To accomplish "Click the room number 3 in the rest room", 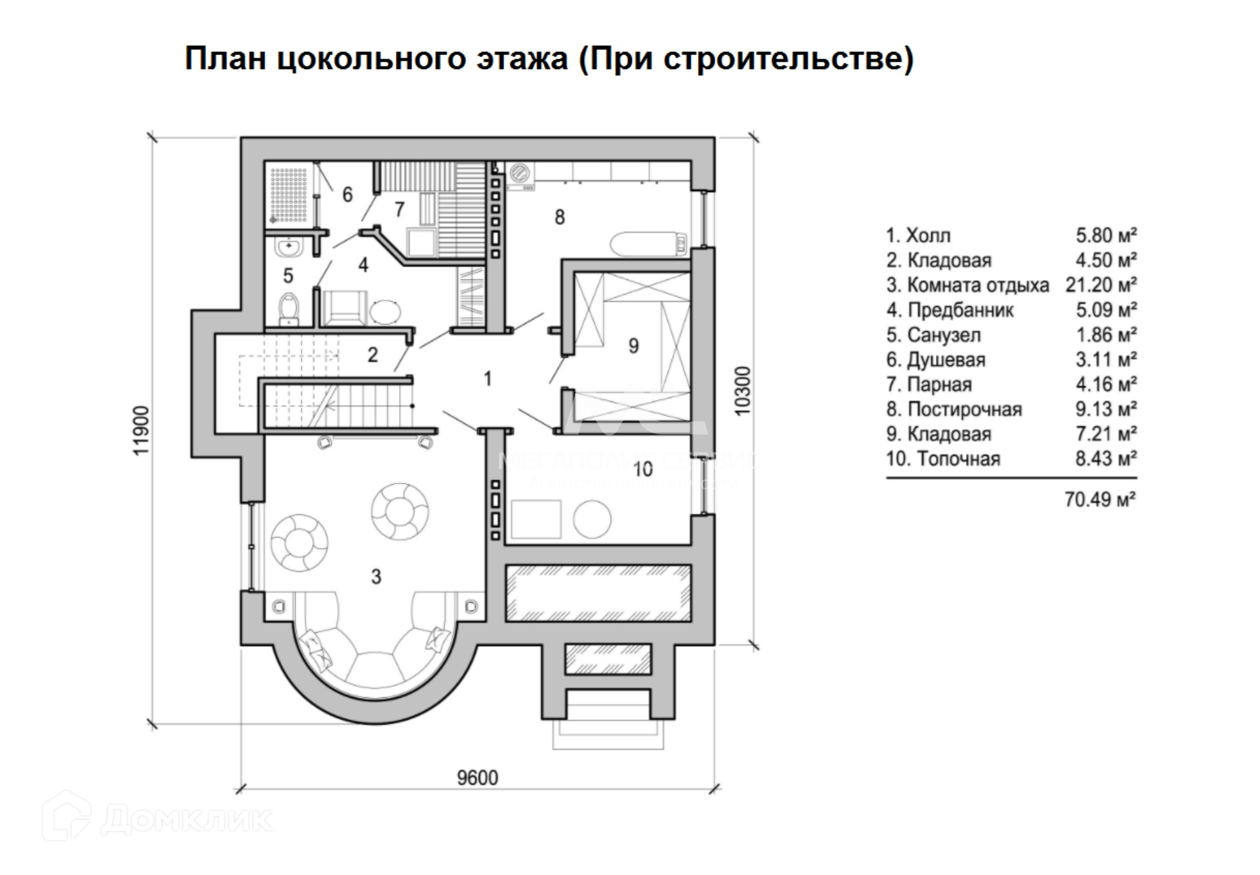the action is tap(376, 577).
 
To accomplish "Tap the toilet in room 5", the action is tap(289, 309).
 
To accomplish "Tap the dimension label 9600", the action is tap(477, 778).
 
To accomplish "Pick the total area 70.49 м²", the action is tap(1100, 500).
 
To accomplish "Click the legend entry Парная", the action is tap(938, 384).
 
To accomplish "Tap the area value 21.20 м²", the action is tap(1101, 285).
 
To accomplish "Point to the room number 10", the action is tap(642, 469).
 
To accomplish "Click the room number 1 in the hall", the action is tap(487, 378).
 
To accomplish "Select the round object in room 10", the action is tap(592, 519).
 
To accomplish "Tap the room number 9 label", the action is tap(633, 346).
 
